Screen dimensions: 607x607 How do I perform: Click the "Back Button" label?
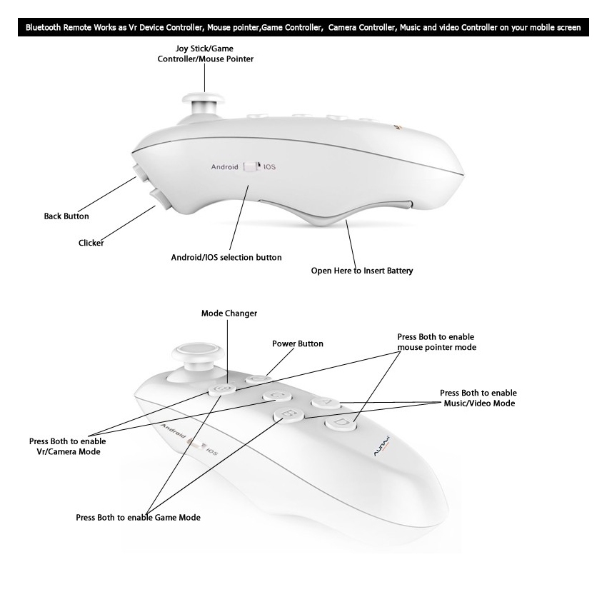pyautogui.click(x=66, y=216)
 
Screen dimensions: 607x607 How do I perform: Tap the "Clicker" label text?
pyautogui.click(x=91, y=243)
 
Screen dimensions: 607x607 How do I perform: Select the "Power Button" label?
pyautogui.click(x=297, y=343)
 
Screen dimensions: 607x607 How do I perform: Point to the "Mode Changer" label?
pyautogui.click(x=229, y=313)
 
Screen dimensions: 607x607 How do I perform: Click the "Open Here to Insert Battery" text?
pyautogui.click(x=362, y=271)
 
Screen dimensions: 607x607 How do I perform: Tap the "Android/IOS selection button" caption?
pyautogui.click(x=226, y=257)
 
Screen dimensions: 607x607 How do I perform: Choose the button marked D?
pyautogui.click(x=341, y=423)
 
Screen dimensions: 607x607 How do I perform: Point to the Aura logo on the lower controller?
pyautogui.click(x=379, y=448)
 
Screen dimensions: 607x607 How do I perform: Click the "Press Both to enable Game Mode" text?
pyautogui.click(x=138, y=517)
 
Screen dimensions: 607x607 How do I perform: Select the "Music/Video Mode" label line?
pyautogui.click(x=478, y=403)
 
